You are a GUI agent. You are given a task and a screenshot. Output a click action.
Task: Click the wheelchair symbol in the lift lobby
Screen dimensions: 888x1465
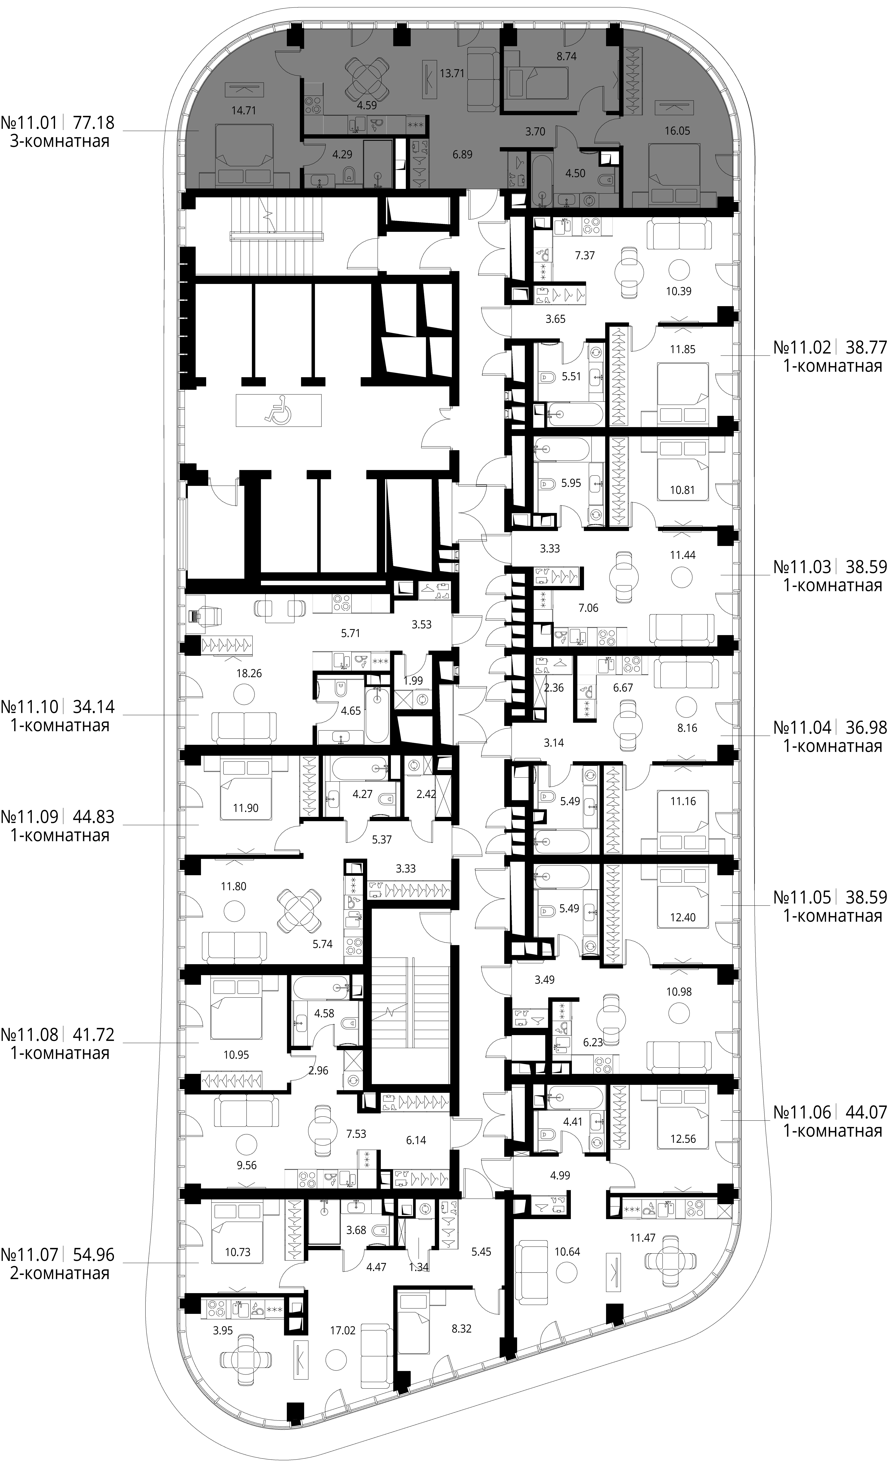point(278,410)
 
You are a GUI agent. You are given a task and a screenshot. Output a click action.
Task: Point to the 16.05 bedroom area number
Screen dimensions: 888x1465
point(677,131)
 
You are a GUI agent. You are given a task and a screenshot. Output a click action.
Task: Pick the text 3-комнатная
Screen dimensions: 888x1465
point(59,142)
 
